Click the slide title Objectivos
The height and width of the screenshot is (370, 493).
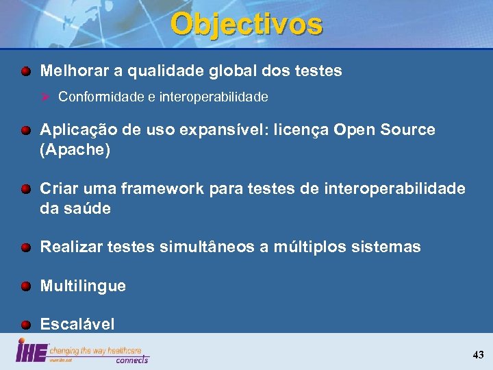tap(246, 25)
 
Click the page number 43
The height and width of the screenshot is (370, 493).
tap(478, 355)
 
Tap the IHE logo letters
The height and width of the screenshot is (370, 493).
tap(31, 352)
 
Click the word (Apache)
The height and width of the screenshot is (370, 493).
tap(75, 149)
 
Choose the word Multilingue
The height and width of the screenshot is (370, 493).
tap(83, 286)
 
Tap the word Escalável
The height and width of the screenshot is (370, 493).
tap(77, 324)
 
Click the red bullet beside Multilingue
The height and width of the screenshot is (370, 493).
tap(25, 286)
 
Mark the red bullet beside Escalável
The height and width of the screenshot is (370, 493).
tap(25, 324)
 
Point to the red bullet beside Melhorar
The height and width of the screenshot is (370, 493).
tap(25, 71)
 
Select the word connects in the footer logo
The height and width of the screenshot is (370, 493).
tap(131, 359)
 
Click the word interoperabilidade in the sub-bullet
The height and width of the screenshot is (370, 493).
tap(214, 97)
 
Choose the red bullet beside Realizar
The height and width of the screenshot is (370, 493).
tap(25, 247)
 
